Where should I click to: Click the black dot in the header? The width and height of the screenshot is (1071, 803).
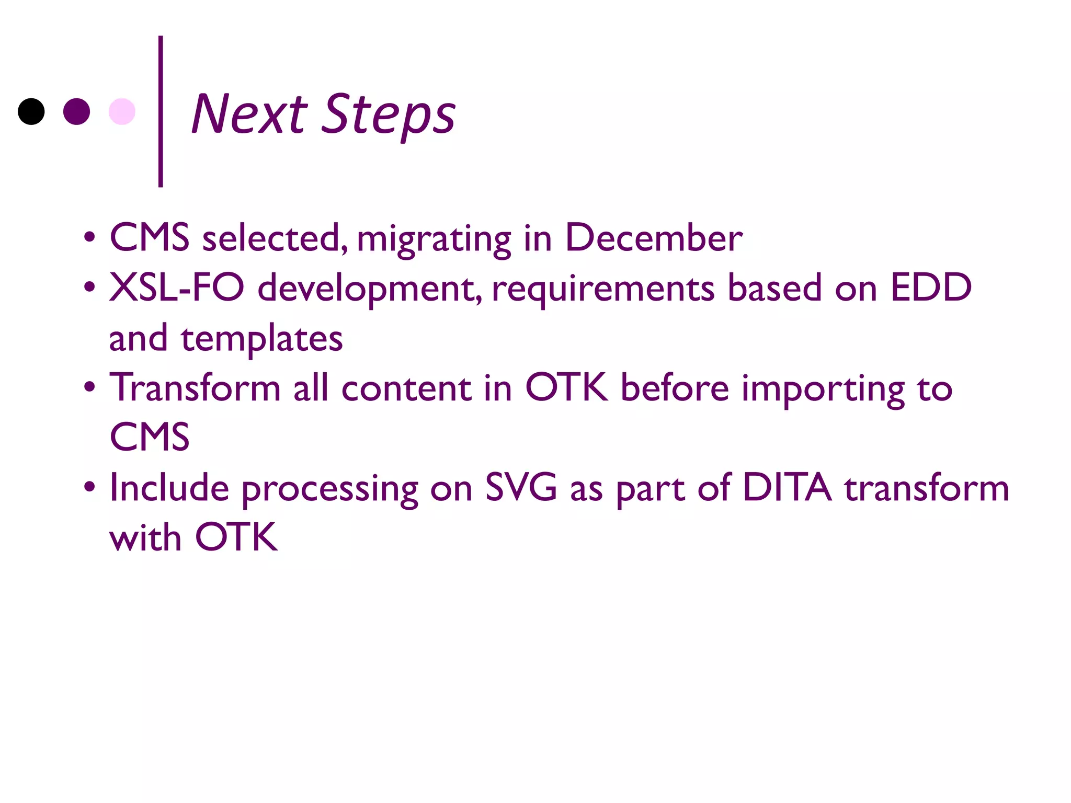(x=31, y=111)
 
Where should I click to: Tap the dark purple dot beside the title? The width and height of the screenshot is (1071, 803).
(x=76, y=111)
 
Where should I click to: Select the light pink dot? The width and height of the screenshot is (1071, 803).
(x=122, y=111)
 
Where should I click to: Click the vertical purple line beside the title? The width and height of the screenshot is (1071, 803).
(x=161, y=111)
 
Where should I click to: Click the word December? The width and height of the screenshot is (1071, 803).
(x=653, y=238)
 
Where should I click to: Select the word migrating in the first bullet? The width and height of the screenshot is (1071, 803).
(x=434, y=239)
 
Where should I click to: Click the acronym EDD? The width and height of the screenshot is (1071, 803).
(x=931, y=288)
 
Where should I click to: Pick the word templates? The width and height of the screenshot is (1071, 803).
(x=261, y=339)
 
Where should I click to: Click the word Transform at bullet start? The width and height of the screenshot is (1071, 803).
(x=195, y=388)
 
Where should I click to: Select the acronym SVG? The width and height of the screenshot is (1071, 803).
(x=521, y=488)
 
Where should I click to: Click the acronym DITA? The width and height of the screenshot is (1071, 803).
(x=787, y=488)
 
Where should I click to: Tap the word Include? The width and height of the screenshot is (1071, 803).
(x=169, y=488)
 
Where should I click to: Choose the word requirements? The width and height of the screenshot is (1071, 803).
(x=603, y=289)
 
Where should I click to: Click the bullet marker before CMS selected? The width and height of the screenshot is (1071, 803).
(x=90, y=237)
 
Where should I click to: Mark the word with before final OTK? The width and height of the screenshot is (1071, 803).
(x=145, y=537)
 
